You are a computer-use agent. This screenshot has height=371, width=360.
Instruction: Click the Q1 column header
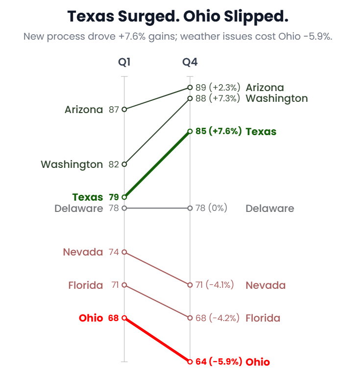point(124,62)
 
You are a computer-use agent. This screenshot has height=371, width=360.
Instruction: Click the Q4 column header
point(190,62)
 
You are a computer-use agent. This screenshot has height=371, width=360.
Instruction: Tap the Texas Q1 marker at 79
point(124,197)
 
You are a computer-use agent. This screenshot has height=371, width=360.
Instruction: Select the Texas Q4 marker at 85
point(190,131)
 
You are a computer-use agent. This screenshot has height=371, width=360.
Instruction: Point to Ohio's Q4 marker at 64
point(190,362)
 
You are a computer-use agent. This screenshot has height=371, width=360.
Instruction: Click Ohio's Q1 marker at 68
point(124,318)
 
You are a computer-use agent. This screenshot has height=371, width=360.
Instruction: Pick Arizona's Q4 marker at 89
point(190,88)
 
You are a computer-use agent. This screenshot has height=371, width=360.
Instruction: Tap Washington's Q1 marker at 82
point(124,164)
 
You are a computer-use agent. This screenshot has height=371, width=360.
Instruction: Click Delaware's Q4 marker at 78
point(190,208)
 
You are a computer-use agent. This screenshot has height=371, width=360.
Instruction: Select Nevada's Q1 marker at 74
point(124,252)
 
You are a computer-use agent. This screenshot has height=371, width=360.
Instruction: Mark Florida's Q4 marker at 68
point(190,318)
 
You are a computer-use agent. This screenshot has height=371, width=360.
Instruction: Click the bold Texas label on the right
point(261,132)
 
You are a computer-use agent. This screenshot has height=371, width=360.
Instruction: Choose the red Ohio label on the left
point(91,318)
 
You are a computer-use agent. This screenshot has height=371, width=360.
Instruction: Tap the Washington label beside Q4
point(276,98)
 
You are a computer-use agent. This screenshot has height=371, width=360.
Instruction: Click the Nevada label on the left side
point(83,252)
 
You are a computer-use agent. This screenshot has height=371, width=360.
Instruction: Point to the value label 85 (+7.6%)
point(218,131)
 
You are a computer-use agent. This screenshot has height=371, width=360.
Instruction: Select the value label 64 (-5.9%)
point(218,362)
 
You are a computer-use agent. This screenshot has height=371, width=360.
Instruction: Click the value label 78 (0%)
point(211,208)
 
